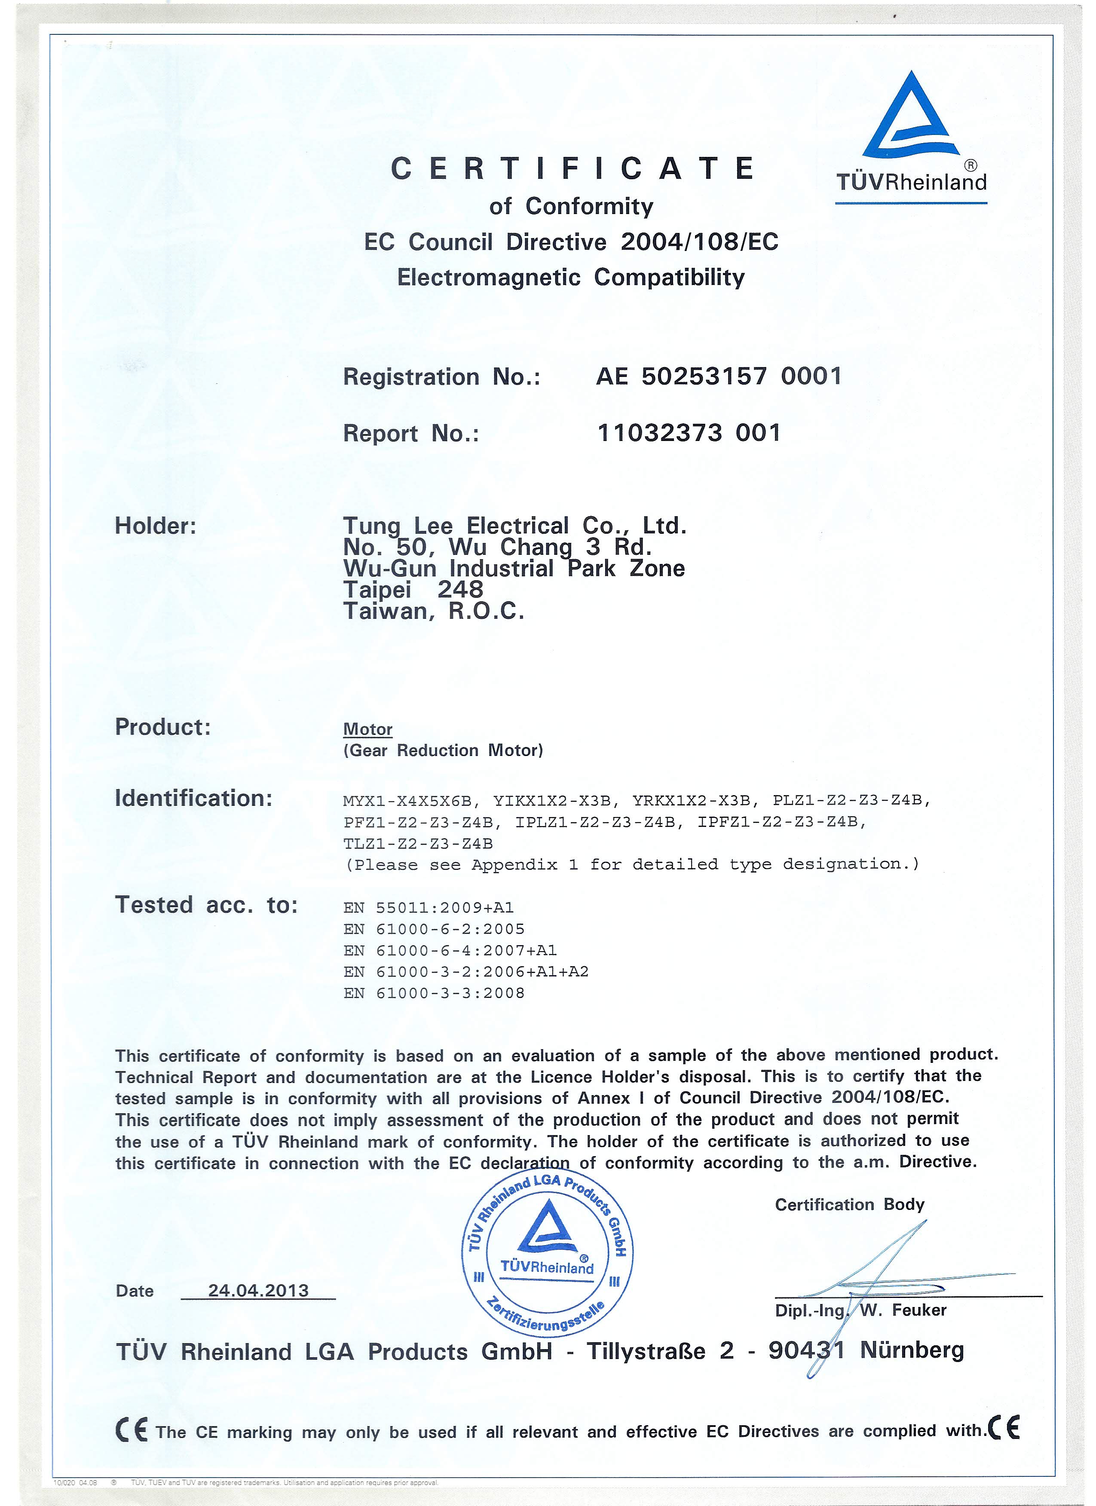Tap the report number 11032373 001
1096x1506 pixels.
(689, 433)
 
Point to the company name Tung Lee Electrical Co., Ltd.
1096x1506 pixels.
(514, 526)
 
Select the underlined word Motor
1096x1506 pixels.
(368, 729)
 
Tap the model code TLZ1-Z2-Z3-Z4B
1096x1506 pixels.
(418, 843)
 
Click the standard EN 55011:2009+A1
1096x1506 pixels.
(429, 907)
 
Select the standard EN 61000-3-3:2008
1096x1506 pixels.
(434, 993)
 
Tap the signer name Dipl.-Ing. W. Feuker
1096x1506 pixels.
(860, 1310)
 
